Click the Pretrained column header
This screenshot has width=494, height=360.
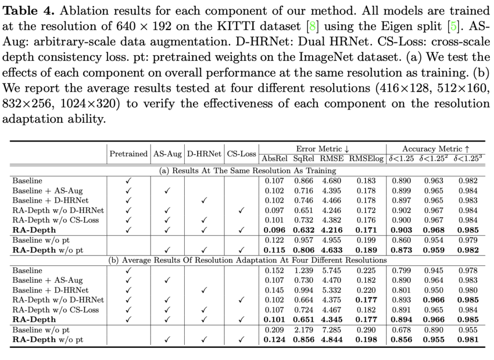[128, 154]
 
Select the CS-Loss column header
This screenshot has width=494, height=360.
[241, 154]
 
